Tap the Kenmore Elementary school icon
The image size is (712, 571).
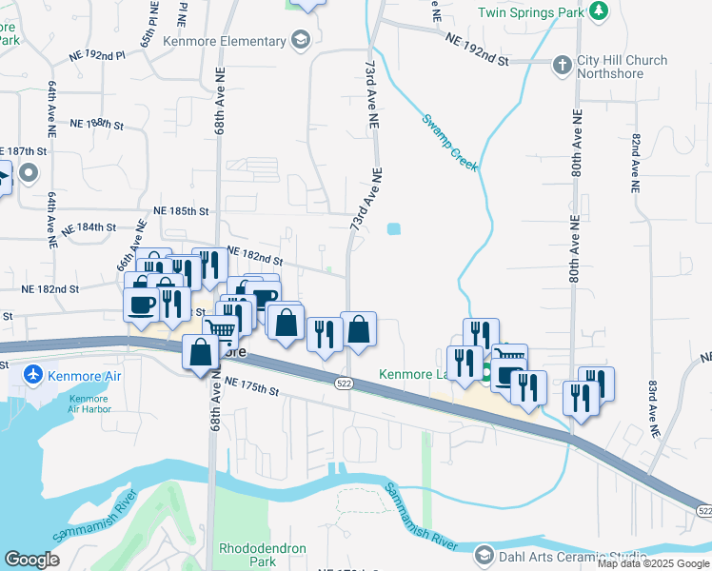pos(301,40)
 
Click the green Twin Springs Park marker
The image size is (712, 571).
pos(599,10)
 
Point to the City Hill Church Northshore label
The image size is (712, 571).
pos(623,68)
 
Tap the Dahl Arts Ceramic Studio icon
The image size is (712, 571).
pos(484,556)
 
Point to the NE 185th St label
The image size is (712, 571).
pos(181,210)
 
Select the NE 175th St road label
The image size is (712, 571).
pos(252,387)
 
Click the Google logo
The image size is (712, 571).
pos(31,561)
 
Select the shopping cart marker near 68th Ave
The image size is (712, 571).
pos(220,330)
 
